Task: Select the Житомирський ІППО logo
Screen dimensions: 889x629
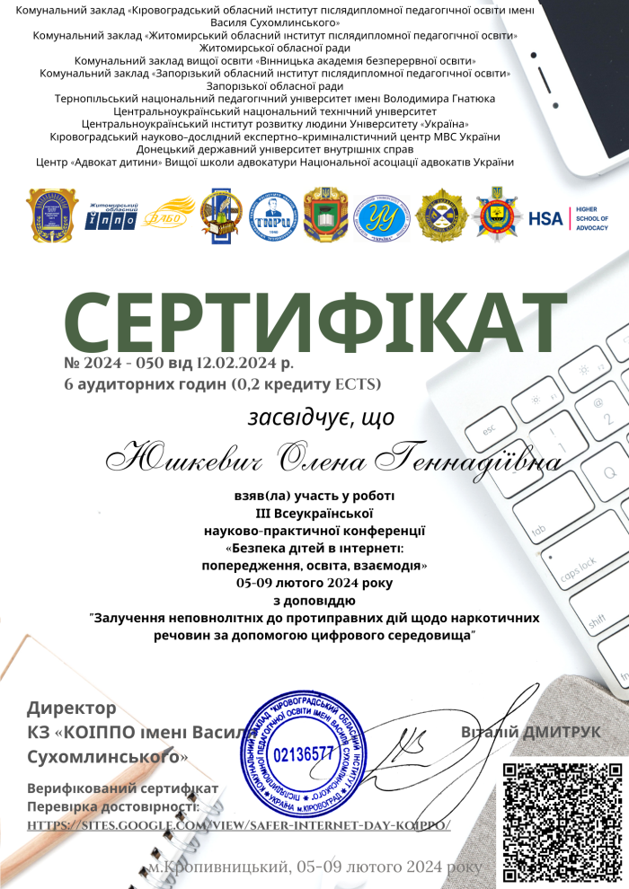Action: pos(111,216)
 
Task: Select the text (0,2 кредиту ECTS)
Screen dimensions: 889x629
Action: pos(306,384)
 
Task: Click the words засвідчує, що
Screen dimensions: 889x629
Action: pos(321,417)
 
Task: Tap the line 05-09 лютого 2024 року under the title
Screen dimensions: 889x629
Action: pos(314,583)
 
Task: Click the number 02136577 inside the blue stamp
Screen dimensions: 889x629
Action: pos(303,753)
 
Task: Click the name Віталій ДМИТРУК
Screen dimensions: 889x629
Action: pos(531,732)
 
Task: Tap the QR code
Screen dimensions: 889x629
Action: pos(562,822)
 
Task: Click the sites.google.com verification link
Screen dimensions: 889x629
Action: pos(238,824)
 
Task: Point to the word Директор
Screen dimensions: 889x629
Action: pos(72,708)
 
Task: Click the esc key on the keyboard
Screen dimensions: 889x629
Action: pos(490,430)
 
